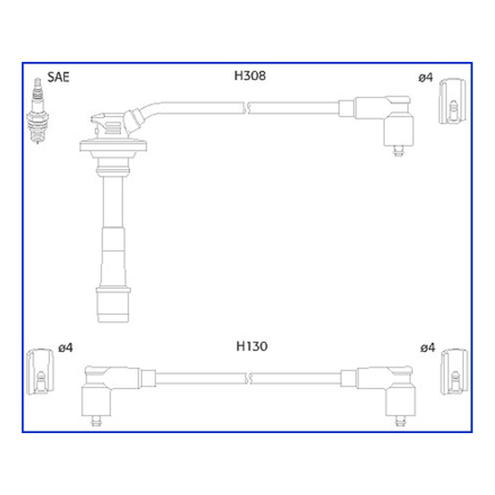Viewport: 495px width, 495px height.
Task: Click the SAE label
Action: pos(58,77)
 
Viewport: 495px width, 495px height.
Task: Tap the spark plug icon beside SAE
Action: pos(38,111)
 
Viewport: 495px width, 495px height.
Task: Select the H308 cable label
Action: pos(250,75)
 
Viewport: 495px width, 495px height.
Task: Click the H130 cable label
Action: pos(252,346)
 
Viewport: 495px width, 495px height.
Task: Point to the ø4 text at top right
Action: pos(426,77)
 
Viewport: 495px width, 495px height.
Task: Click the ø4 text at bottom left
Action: pos(66,348)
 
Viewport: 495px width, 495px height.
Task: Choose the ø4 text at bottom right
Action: pos(428,348)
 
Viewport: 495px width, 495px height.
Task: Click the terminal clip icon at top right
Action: pos(452,101)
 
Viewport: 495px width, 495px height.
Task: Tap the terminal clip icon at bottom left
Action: pos(40,372)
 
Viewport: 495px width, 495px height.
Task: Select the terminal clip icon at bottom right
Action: pos(454,372)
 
